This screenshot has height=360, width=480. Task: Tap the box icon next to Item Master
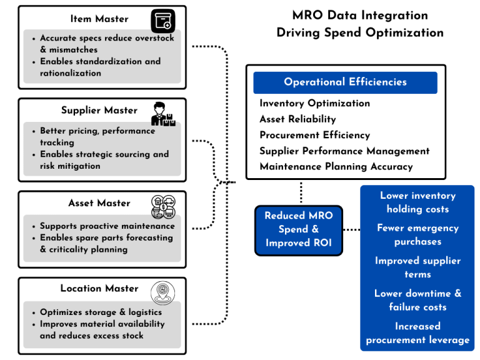pos(162,21)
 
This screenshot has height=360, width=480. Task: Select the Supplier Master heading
pos(99,111)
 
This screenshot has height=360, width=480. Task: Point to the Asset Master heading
pos(99,203)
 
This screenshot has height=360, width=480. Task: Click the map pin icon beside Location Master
pos(162,291)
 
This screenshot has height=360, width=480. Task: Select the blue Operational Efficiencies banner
pos(345,82)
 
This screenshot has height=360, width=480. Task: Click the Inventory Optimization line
pos(314,103)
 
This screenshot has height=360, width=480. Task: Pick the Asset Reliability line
pos(297,119)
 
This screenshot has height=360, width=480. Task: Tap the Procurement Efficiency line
pos(314,135)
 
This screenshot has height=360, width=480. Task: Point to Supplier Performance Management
pos(344,151)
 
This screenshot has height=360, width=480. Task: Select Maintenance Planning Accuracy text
pos(336,167)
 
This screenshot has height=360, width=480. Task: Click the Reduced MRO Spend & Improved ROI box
pos(299,229)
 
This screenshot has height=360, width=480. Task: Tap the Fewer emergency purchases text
pos(417,235)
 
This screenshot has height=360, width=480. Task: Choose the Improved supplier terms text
pos(417,267)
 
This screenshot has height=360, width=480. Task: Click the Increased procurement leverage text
pos(417,333)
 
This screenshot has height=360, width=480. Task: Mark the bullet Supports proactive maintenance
pos(107,226)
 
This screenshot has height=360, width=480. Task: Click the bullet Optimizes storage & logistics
pos(101,312)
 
